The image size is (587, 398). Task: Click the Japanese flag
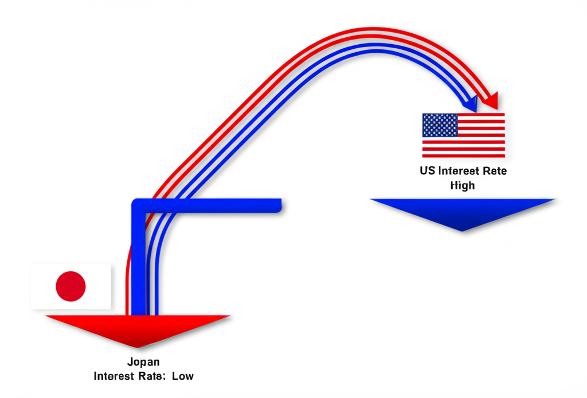point(71,286)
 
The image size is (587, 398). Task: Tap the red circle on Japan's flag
point(71,286)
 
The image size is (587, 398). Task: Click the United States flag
point(463,135)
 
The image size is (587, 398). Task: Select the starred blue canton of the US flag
point(440,125)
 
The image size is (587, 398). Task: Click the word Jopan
point(144,362)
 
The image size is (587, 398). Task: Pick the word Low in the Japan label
point(182,376)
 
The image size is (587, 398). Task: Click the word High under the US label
point(463,185)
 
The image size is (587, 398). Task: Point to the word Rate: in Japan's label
point(152,376)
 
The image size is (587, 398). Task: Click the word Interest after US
point(459,171)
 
